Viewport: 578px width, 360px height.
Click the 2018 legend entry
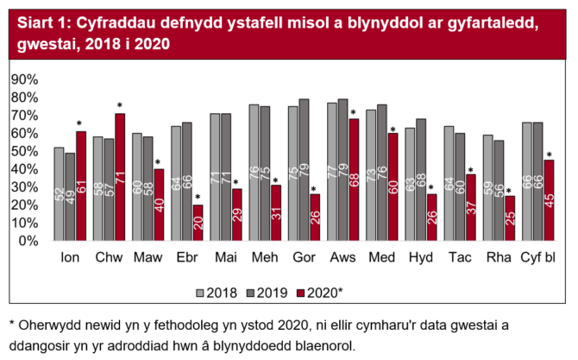tap(218, 292)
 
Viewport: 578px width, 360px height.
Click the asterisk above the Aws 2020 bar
tap(354, 113)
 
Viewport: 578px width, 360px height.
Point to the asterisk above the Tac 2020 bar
tap(471, 170)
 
